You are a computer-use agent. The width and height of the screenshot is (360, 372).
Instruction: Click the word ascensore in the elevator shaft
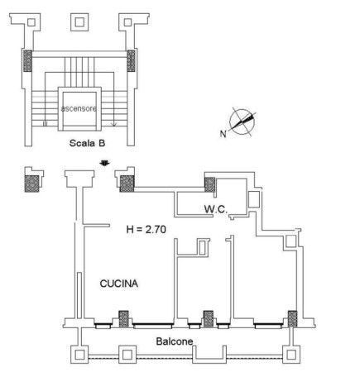(x=79, y=108)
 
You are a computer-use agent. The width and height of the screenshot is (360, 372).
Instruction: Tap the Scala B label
(x=87, y=143)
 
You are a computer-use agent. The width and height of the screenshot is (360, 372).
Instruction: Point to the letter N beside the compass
(x=223, y=134)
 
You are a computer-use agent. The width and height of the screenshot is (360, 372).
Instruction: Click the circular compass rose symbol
(x=242, y=122)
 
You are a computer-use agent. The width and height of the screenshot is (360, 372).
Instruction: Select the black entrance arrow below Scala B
(x=105, y=163)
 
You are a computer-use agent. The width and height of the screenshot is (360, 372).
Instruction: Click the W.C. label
(x=216, y=209)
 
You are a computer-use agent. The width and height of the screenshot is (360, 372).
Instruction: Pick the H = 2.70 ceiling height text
(x=146, y=229)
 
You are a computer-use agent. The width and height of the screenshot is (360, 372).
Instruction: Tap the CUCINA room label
(x=119, y=284)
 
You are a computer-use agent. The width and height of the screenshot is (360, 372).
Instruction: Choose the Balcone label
(x=175, y=341)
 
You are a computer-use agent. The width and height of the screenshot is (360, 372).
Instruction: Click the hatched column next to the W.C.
(x=209, y=184)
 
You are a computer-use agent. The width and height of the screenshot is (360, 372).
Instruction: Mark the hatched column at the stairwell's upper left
(x=27, y=60)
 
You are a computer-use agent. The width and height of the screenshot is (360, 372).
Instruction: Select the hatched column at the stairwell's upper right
(x=131, y=60)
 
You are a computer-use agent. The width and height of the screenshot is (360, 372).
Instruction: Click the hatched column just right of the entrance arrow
(x=127, y=184)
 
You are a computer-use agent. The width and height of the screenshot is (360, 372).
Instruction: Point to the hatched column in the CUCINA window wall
(x=123, y=319)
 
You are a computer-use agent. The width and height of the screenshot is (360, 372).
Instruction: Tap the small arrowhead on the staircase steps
(x=113, y=124)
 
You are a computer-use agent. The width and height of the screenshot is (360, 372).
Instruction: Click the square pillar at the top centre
(x=79, y=22)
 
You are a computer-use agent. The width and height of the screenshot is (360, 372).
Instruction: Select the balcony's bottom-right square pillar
(x=291, y=355)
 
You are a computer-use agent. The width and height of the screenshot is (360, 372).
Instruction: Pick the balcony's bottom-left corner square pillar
(x=79, y=355)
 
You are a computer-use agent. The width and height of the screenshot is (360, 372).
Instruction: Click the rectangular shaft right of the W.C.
(x=254, y=199)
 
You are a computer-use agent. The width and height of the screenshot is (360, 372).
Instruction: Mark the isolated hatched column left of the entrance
(x=31, y=184)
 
